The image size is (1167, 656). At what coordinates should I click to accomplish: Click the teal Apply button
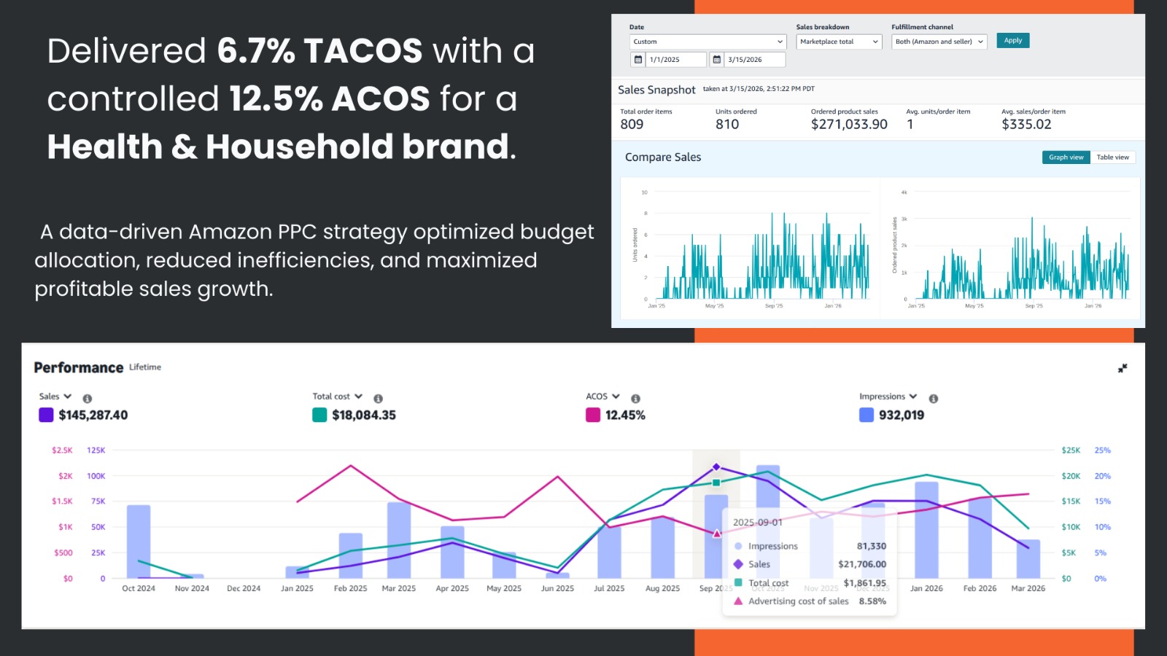(1012, 41)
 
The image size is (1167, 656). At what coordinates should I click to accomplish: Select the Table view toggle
(1112, 157)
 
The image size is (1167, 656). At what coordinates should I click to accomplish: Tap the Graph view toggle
(1066, 157)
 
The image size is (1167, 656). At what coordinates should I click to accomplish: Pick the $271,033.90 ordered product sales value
(849, 125)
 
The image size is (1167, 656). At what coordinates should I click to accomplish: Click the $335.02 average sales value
(1026, 125)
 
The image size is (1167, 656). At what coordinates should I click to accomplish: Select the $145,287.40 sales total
(93, 415)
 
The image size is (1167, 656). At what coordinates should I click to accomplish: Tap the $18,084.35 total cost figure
(363, 415)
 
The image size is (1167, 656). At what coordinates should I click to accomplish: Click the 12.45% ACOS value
(625, 415)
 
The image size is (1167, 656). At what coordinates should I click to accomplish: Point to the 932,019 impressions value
(901, 415)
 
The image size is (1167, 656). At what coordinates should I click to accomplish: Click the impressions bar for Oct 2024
(139, 542)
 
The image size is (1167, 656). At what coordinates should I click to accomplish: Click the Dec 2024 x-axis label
(244, 589)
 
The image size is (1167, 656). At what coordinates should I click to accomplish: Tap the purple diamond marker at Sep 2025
(716, 467)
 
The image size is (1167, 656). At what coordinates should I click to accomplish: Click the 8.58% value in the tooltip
(872, 601)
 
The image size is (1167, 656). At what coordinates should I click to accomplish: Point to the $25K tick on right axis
(1071, 450)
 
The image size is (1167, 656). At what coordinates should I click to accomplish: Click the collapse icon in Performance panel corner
(1123, 369)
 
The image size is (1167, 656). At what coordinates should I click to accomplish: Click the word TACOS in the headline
(362, 52)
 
